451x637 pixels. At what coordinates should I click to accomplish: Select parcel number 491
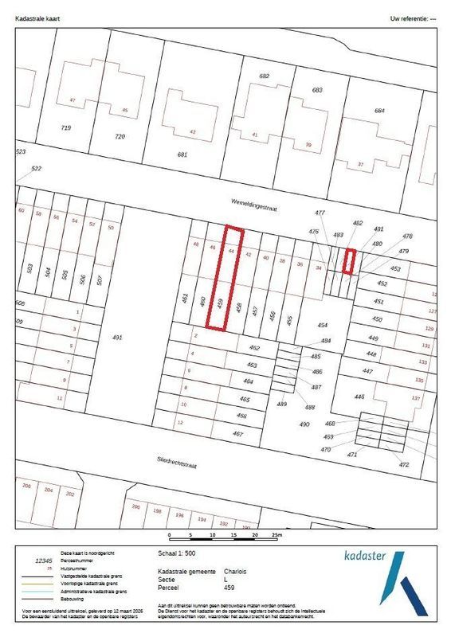click(x=117, y=338)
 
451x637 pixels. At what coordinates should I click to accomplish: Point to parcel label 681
click(x=182, y=154)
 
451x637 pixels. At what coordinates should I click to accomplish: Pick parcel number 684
click(x=379, y=110)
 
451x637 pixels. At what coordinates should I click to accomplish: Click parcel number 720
click(x=120, y=137)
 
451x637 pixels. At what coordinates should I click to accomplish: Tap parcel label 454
click(x=323, y=326)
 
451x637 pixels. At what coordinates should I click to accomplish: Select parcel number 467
click(x=237, y=433)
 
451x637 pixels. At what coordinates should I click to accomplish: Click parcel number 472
click(x=404, y=464)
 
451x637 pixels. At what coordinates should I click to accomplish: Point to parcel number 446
click(x=359, y=397)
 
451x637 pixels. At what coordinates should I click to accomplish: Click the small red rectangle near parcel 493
click(x=348, y=261)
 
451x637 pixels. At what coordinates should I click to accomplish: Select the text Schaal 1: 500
click(x=178, y=551)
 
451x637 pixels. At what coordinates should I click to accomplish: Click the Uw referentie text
click(x=410, y=17)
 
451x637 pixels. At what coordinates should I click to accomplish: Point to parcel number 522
click(x=36, y=169)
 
